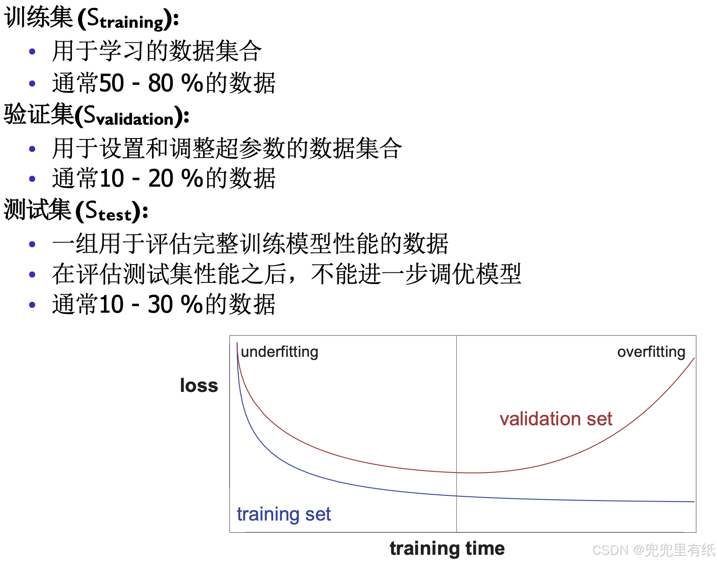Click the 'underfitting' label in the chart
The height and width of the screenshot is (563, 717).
coord(279,352)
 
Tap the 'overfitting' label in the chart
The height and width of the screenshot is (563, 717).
coord(651,352)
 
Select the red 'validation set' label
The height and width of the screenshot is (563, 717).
coord(556,419)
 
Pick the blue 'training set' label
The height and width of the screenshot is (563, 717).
coord(284,514)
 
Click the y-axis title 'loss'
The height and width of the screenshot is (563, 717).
coord(199,385)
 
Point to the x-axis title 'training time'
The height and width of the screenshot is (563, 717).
coord(447,548)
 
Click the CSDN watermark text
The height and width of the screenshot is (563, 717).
coord(654,550)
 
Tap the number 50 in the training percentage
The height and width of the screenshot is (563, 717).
coord(112,83)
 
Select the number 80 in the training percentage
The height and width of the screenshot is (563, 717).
coord(161,83)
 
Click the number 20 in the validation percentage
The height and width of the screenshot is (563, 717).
coord(161,178)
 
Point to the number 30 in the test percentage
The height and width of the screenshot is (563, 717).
coord(160,304)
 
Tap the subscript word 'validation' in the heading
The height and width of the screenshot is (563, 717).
coord(135,119)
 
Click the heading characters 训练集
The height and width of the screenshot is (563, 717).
coord(39,17)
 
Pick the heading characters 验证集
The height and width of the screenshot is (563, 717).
coord(39,114)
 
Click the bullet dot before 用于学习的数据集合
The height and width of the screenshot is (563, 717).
coord(32,52)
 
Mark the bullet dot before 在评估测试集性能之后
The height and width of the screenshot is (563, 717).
coord(32,275)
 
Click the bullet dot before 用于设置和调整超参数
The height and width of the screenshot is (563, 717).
coord(32,149)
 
